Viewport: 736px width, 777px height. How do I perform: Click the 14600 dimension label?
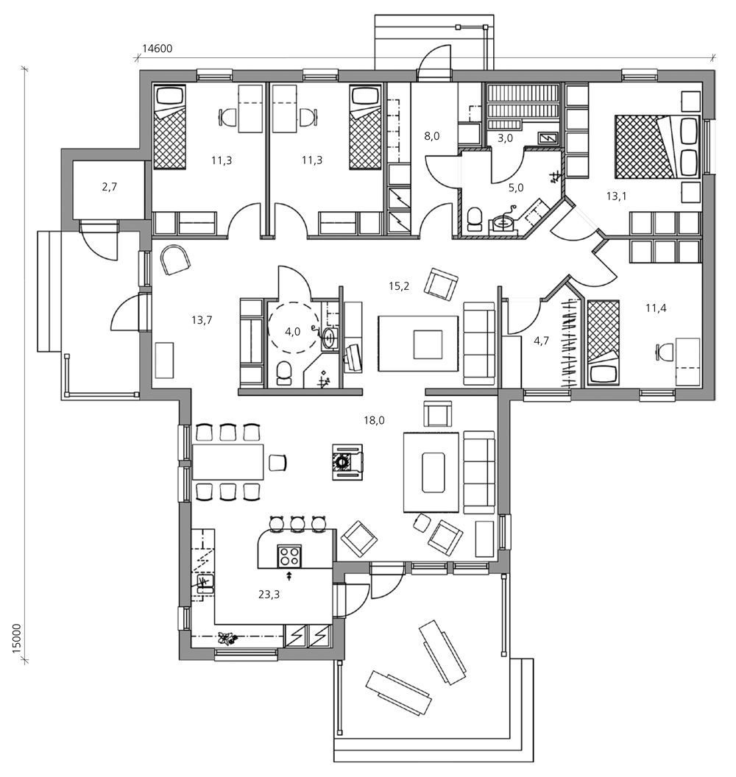click(157, 49)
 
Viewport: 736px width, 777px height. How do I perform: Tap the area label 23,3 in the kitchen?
click(269, 594)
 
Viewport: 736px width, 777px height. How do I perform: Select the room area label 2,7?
click(109, 187)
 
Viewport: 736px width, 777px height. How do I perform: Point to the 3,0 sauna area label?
click(505, 138)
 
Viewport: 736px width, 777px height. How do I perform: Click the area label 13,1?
click(616, 196)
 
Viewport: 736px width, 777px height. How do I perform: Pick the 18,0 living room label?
click(374, 421)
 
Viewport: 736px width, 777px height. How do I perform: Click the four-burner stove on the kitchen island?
click(289, 556)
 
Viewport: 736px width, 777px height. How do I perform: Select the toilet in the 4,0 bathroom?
click(284, 374)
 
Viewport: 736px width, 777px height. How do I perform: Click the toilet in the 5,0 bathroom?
click(474, 219)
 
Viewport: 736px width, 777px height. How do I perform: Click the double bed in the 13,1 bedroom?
click(657, 146)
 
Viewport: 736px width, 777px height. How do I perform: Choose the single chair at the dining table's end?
click(278, 463)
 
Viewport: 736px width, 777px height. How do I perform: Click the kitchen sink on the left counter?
click(205, 583)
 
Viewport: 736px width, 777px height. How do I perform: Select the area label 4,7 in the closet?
click(541, 341)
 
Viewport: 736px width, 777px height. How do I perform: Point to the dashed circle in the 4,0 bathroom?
click(294, 327)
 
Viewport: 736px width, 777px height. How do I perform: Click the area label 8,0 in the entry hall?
click(432, 136)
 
